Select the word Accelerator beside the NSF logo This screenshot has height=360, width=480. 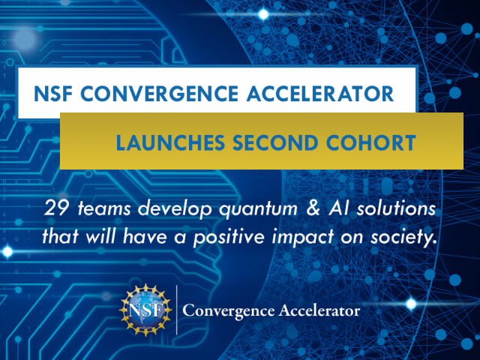[x=322, y=310]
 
